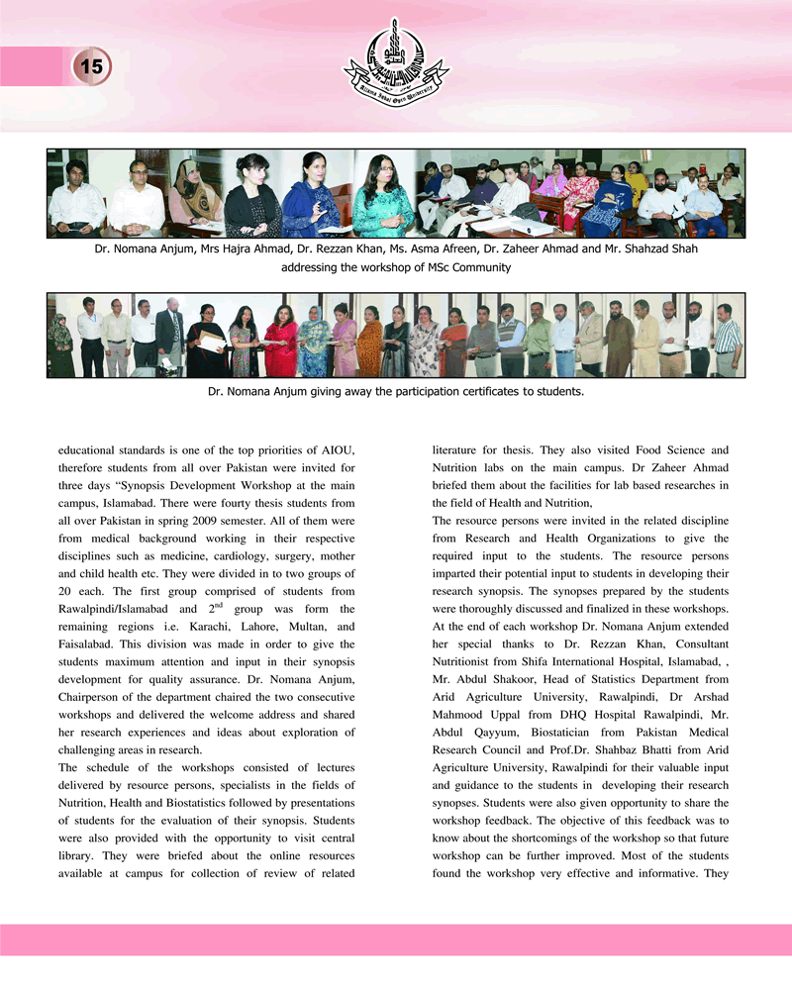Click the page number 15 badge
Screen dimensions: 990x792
[90, 67]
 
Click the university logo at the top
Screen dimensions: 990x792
[396, 65]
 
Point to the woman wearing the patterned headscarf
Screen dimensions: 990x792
[194, 193]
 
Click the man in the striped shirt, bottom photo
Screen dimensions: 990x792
[728, 342]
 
